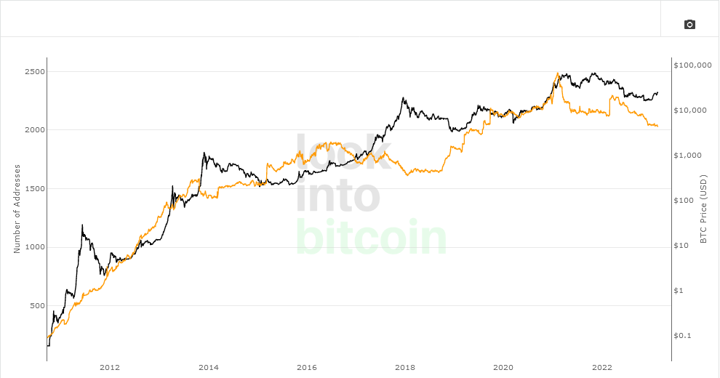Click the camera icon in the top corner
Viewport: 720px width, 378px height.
tap(689, 25)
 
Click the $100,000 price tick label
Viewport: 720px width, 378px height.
tap(692, 65)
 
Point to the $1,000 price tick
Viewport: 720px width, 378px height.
tap(690, 156)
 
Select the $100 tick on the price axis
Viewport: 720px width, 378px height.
tap(687, 201)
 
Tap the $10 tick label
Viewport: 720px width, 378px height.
tap(685, 246)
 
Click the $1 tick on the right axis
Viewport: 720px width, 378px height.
tap(683, 291)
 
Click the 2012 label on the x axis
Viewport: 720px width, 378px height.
tap(110, 367)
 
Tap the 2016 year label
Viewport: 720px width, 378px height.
tap(307, 367)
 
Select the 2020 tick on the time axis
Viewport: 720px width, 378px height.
tap(503, 367)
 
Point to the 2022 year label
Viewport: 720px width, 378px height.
tap(602, 367)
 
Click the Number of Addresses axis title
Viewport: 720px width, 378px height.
tap(17, 209)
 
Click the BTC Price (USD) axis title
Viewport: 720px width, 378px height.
tap(703, 209)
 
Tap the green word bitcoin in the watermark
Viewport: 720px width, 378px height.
tap(371, 238)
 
